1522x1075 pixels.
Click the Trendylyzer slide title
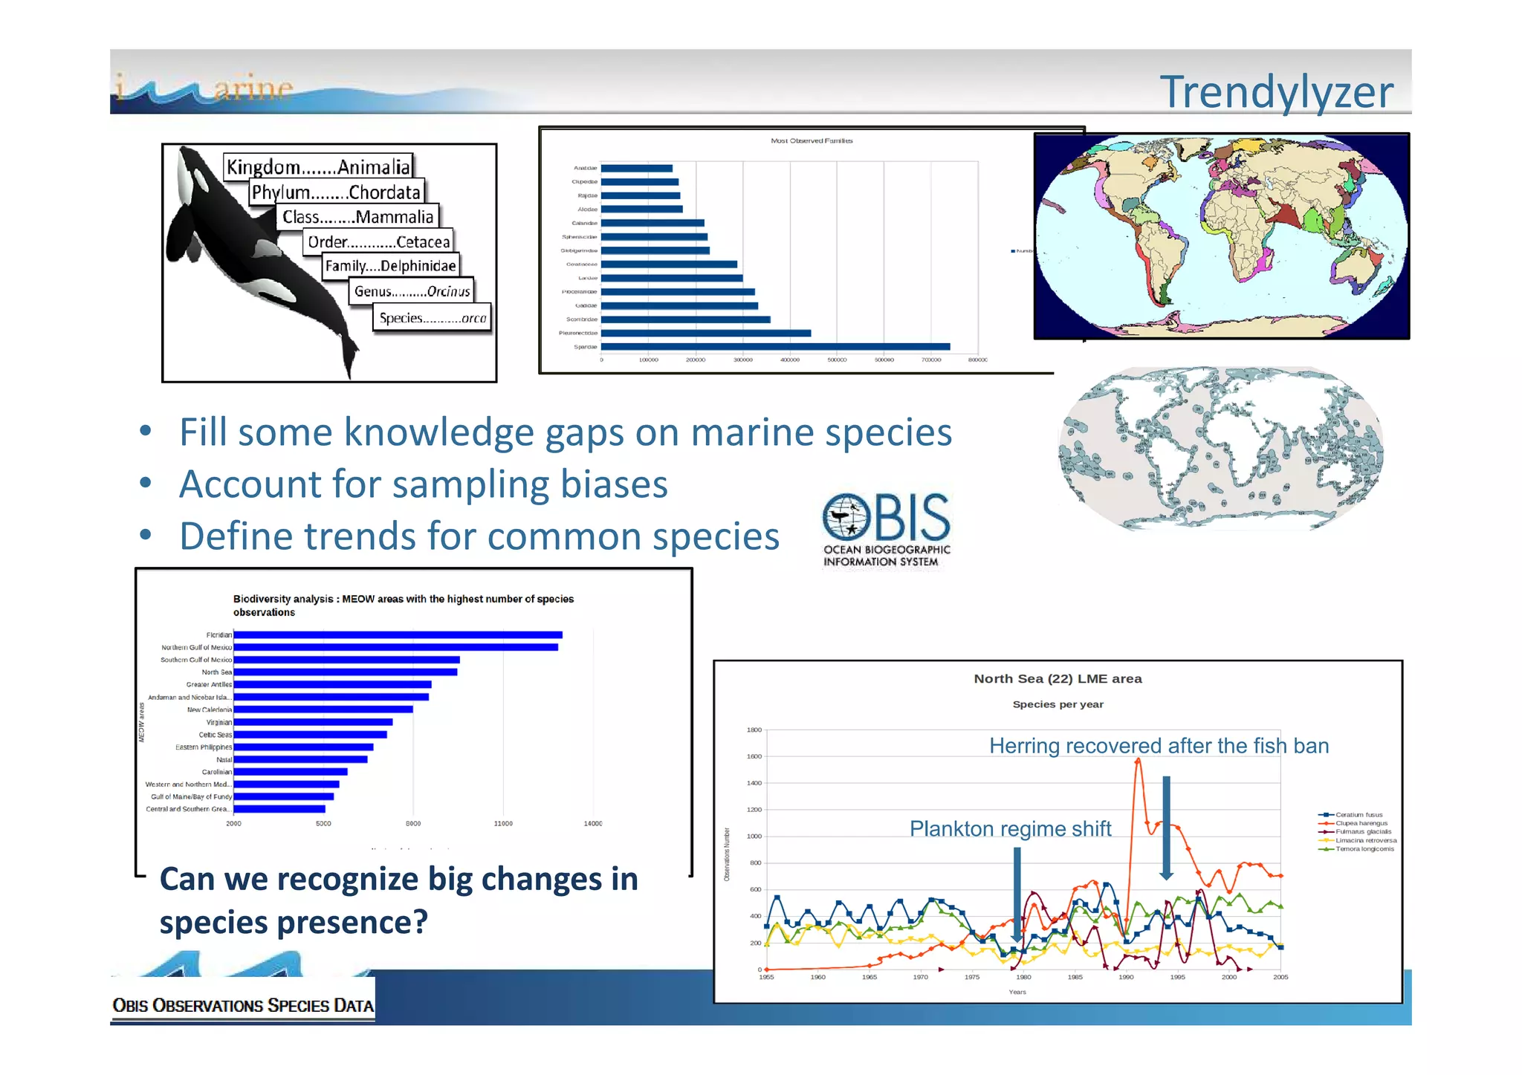coord(1275,92)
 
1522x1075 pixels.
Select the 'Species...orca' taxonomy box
coord(432,318)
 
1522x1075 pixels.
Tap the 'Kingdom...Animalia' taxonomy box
coord(318,166)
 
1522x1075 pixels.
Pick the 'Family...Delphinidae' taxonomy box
coord(390,266)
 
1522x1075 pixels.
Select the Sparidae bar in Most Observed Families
coord(775,347)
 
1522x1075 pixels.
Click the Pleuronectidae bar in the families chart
coord(706,334)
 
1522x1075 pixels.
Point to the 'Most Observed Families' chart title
coord(812,140)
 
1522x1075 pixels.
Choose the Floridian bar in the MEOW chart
coord(398,635)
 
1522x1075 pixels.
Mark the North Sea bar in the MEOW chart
coord(346,672)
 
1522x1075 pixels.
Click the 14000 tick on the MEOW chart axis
coord(592,824)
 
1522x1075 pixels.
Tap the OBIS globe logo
coord(846,516)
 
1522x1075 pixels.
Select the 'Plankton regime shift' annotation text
coord(1010,829)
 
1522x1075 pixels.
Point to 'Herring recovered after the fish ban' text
coord(1159,746)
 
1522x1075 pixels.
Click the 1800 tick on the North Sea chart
coord(754,730)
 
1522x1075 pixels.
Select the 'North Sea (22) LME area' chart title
coord(1058,679)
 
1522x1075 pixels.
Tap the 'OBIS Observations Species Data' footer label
coord(243,1006)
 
